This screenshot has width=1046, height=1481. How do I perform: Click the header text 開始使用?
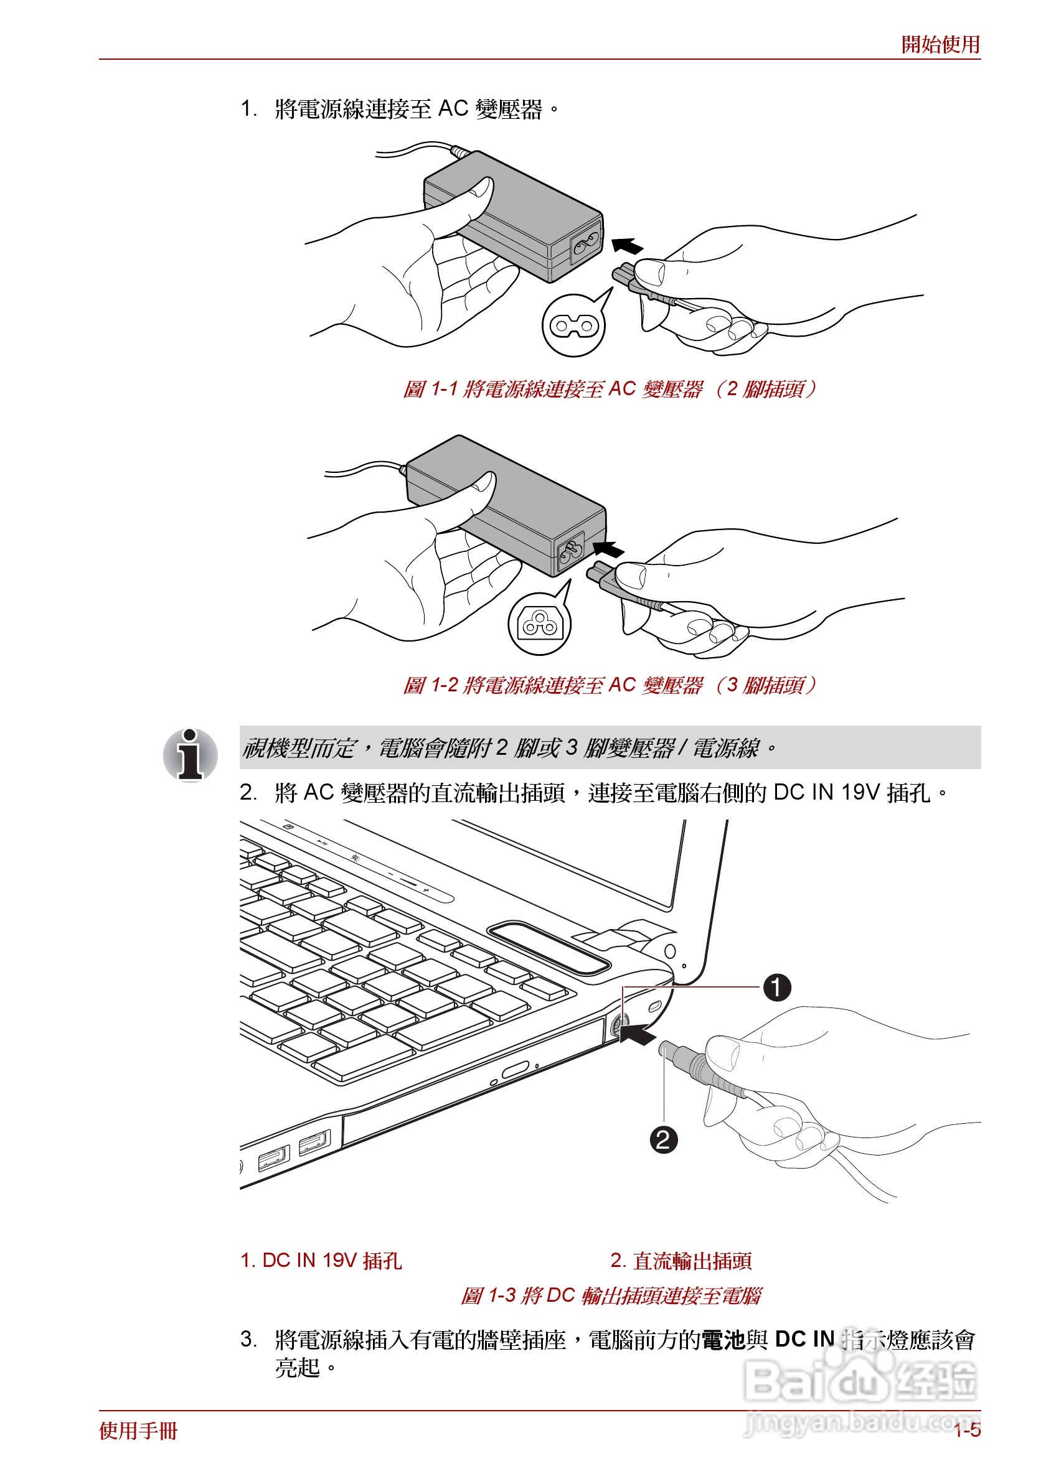pos(940,45)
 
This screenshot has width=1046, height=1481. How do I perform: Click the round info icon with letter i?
pos(191,754)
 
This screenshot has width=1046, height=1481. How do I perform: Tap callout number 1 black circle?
pos(776,987)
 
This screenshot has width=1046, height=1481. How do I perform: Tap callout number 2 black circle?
pos(663,1140)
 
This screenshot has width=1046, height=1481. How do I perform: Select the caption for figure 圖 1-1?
pos(609,389)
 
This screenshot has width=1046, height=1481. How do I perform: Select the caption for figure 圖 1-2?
pos(609,684)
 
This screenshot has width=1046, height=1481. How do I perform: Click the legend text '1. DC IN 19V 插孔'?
pos(321,1259)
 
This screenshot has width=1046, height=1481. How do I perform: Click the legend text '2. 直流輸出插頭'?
pos(681,1259)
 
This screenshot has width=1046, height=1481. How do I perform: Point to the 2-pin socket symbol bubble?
pos(573,325)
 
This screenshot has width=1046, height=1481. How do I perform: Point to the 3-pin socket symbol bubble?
pos(539,624)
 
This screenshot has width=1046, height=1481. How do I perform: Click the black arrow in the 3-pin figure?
pos(608,549)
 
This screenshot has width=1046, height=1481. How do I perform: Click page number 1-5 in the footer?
pos(967,1430)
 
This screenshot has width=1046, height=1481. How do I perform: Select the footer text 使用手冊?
pos(138,1431)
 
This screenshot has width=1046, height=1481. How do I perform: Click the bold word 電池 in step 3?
pos(723,1340)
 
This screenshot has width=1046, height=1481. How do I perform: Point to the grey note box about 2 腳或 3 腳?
pos(609,747)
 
